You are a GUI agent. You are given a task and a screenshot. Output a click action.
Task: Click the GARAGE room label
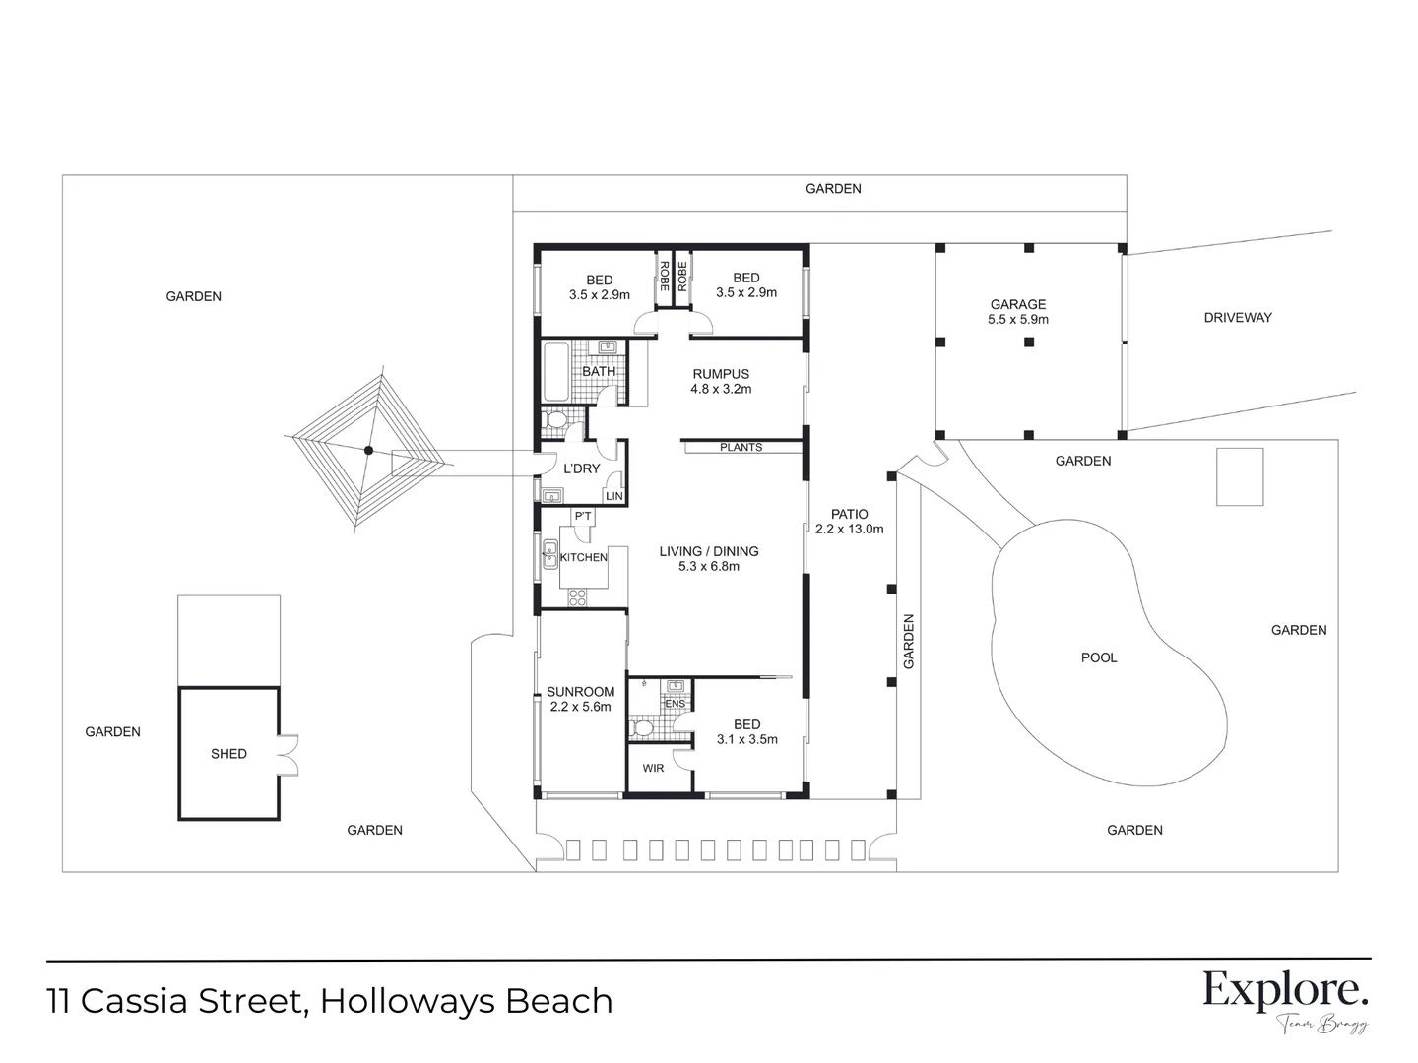pos(1017,304)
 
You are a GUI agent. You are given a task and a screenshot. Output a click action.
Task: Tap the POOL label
pos(1099,657)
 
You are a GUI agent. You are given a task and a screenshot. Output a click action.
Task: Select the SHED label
pos(228,753)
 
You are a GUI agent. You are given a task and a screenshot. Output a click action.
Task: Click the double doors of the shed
pos(288,755)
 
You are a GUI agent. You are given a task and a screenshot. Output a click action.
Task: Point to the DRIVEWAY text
pos(1238,317)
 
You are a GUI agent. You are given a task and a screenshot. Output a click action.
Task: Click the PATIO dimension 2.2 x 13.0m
pos(849,529)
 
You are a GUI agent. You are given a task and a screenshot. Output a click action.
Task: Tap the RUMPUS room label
pos(721,374)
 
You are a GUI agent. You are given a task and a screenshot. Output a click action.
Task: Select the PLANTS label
pos(741,447)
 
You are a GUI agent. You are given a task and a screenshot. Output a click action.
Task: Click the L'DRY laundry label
pos(581,469)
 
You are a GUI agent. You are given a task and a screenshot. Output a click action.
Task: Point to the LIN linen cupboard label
pos(613,496)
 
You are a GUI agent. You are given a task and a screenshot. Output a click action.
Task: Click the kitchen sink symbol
pos(549,555)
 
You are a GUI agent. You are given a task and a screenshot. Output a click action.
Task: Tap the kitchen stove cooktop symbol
pos(576,595)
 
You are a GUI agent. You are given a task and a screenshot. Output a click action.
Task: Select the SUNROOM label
pos(580,692)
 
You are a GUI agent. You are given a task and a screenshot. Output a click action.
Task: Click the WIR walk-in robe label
pos(653,768)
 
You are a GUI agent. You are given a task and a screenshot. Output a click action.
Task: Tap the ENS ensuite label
pos(675,704)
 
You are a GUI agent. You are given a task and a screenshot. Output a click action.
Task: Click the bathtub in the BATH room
pos(555,371)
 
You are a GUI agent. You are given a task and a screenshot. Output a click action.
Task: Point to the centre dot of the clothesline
pos(368,451)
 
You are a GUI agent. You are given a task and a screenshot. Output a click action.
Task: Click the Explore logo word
pos(1285,990)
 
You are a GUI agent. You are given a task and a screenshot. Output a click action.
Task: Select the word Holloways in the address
pos(407,1001)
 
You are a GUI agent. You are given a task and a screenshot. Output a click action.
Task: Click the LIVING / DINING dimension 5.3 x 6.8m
pos(708,566)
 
